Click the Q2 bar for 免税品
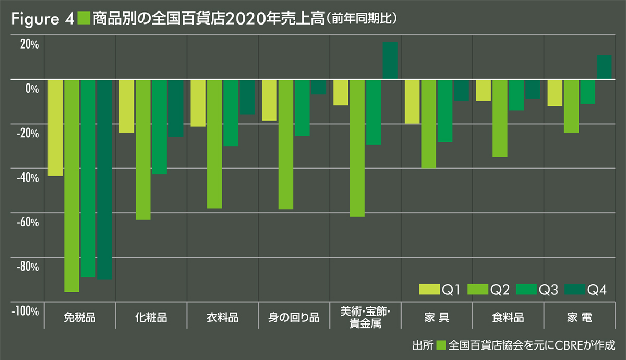click(x=71, y=185)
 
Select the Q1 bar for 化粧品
click(x=127, y=106)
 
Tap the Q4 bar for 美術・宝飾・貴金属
click(x=390, y=61)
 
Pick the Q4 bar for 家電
click(x=604, y=67)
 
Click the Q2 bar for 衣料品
click(x=214, y=144)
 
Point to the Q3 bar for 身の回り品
click(x=302, y=107)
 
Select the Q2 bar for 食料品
click(x=500, y=118)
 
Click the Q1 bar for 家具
click(x=412, y=102)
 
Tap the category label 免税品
click(x=79, y=317)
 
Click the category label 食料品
click(x=508, y=317)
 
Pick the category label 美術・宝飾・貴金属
click(x=365, y=317)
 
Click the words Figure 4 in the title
click(x=42, y=19)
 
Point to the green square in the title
click(x=83, y=19)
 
